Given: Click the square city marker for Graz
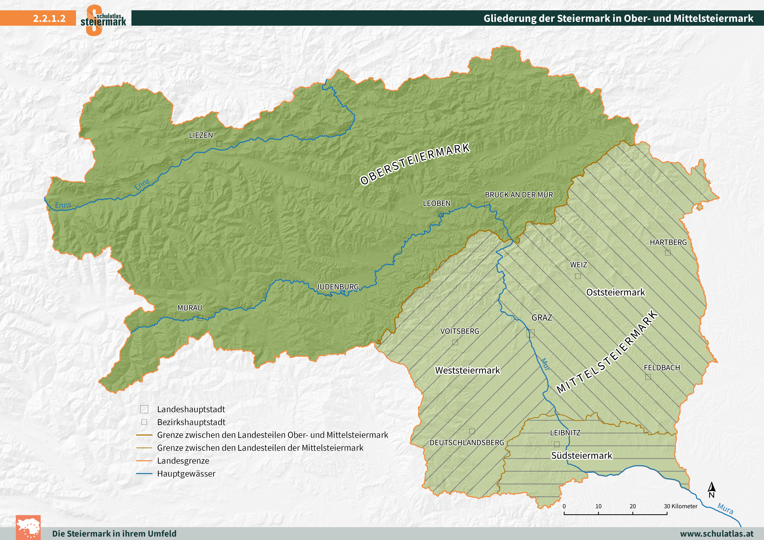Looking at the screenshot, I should [530, 333].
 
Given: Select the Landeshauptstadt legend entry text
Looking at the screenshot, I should [191, 409].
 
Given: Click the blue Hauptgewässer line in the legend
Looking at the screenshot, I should [144, 473].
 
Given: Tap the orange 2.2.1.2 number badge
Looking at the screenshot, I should [49, 18].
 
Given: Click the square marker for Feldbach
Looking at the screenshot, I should [648, 377].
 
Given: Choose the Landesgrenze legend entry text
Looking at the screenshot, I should [183, 461].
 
